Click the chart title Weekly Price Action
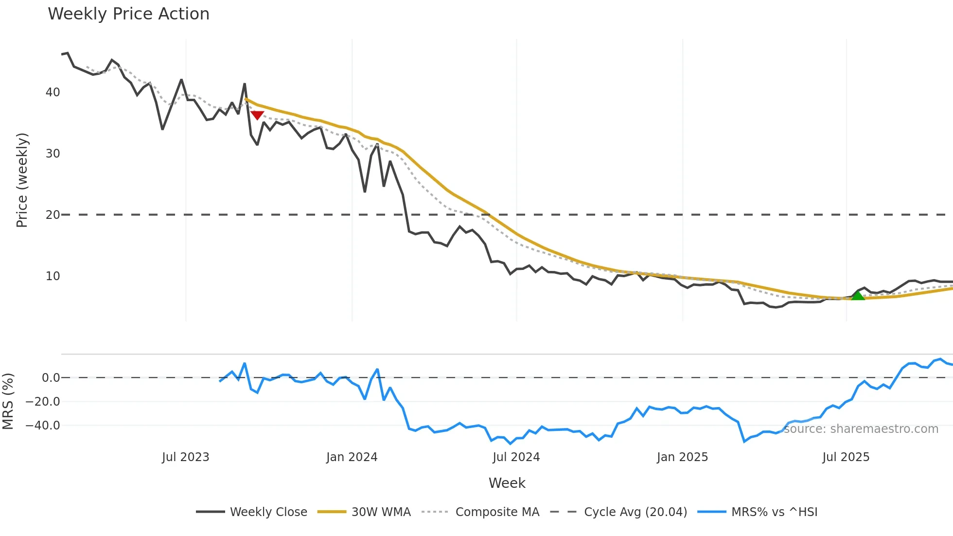[x=128, y=14]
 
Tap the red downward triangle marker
[x=257, y=115]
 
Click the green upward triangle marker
[x=858, y=295]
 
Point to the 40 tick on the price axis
[x=53, y=92]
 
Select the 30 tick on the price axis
[x=53, y=154]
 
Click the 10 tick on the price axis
[x=53, y=276]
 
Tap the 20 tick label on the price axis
[x=53, y=215]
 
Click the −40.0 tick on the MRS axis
[x=43, y=426]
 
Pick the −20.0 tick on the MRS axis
[x=43, y=402]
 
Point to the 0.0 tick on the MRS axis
[x=51, y=378]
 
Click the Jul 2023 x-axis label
[x=185, y=457]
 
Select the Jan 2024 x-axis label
[x=352, y=457]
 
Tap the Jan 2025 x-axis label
[x=682, y=457]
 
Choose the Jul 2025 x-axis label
[x=846, y=457]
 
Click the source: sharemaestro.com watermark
[x=861, y=429]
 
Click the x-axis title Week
[x=507, y=483]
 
